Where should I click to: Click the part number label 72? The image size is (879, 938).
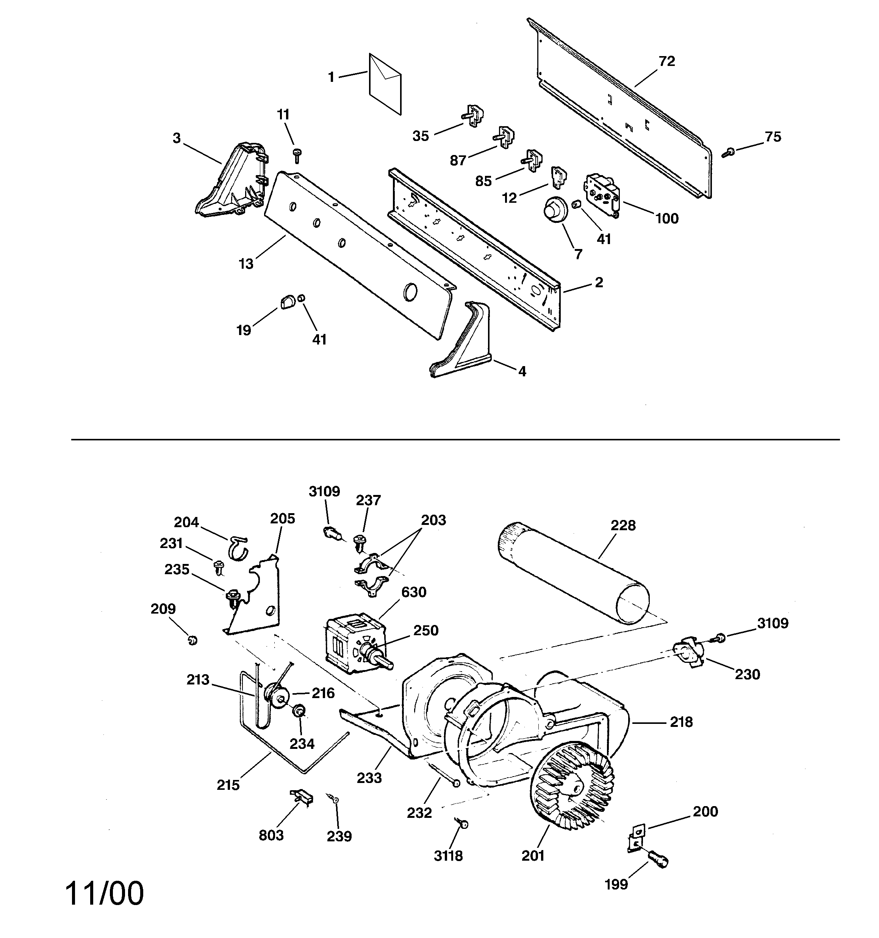click(x=667, y=61)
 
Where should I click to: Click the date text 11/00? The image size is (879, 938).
click(x=104, y=893)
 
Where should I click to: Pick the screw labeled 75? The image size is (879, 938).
click(x=728, y=152)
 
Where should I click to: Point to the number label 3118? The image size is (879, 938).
click(x=448, y=855)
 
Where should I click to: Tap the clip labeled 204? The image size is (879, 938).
click(x=239, y=547)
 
